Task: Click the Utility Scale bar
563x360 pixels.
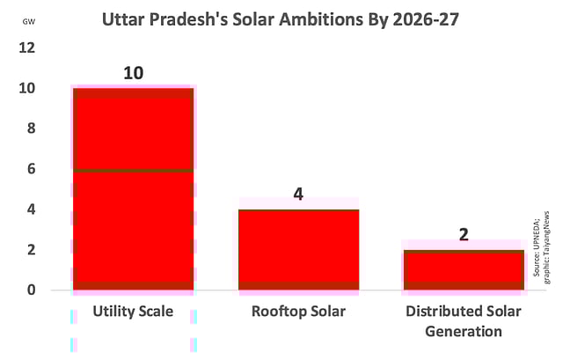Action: (133, 188)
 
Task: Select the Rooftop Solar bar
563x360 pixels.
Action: (298, 249)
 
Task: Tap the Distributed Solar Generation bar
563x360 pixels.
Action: (463, 269)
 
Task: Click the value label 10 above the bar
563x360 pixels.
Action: (133, 73)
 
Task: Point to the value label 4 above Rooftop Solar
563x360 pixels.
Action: (298, 194)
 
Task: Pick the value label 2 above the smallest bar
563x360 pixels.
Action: (463, 234)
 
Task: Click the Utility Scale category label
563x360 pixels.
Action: (133, 312)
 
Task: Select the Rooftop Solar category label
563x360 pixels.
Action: (298, 312)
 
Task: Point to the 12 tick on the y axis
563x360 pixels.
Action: (27, 48)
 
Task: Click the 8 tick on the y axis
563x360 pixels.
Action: (32, 129)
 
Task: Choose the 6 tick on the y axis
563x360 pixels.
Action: (32, 169)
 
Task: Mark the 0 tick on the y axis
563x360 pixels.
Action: (32, 290)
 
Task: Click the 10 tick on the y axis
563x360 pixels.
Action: (27, 88)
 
